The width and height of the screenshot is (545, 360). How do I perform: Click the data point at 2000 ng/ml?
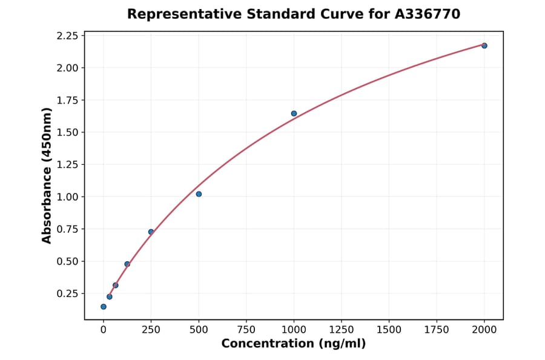coord(484,45)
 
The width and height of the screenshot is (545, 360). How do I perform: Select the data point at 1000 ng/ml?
coord(294,113)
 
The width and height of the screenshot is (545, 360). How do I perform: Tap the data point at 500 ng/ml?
coord(199,194)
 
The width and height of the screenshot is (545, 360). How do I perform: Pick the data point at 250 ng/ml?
coord(151,232)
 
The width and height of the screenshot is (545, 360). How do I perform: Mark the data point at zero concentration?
coord(104,307)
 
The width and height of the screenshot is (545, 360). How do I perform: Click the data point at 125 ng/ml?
coord(127,264)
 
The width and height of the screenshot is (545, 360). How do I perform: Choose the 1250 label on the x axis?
coord(341,330)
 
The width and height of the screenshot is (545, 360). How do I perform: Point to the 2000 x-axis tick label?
coord(484,330)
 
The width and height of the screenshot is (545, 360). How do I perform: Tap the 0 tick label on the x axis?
coord(104,330)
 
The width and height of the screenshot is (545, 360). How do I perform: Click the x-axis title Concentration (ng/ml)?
coord(293,344)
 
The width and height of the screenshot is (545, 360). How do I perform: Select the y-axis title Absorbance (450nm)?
coord(47,176)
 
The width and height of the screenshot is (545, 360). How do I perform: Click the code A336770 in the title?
coord(427,14)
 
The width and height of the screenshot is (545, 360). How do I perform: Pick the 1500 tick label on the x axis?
coord(389,330)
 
